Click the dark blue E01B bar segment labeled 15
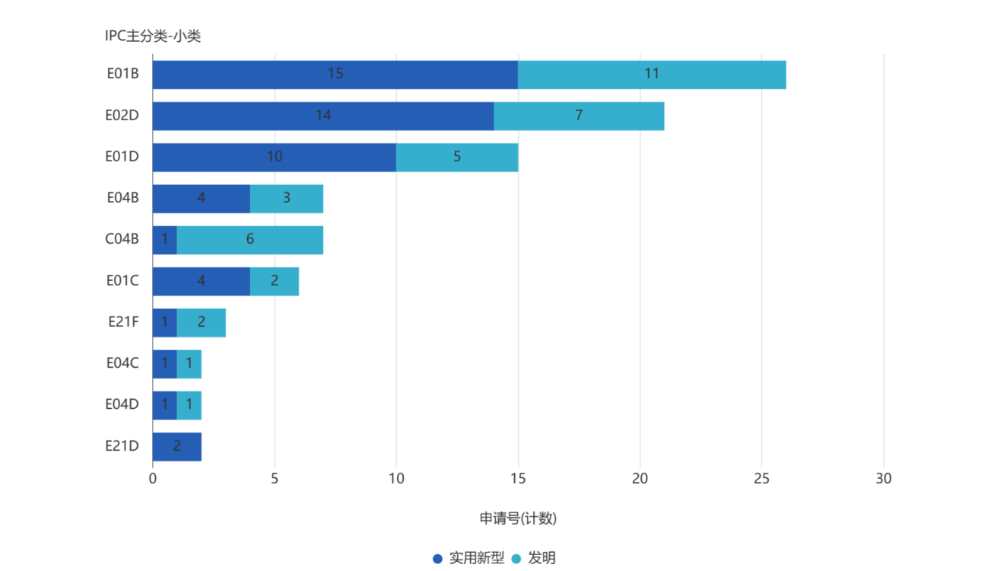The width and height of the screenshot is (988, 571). [335, 75]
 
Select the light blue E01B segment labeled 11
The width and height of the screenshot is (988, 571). [652, 75]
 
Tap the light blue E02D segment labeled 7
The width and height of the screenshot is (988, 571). [579, 116]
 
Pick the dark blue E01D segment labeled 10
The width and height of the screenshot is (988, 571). [274, 157]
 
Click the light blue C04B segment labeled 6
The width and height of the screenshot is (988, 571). [249, 240]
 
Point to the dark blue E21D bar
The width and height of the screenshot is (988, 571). [177, 446]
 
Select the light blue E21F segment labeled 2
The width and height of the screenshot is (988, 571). [202, 322]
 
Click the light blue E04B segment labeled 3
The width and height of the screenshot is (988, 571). [286, 198]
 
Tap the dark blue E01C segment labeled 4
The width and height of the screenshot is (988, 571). [201, 281]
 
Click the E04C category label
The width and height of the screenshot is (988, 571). [122, 363]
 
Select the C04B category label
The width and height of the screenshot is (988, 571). [122, 239]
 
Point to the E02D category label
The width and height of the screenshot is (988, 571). [122, 116]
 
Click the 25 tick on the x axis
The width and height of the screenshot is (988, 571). [761, 479]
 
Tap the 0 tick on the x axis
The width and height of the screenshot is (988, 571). [153, 479]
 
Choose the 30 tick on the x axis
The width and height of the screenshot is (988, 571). [883, 479]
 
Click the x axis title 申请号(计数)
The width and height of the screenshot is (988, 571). [518, 518]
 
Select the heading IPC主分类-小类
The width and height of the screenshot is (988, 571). [153, 36]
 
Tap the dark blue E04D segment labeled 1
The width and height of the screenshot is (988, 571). [164, 405]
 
